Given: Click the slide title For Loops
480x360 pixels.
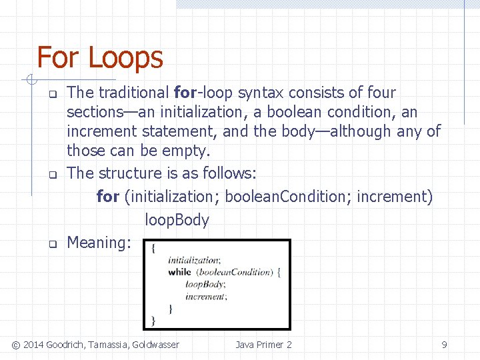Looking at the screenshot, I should (99, 57).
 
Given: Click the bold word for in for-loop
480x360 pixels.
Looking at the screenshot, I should (183, 93).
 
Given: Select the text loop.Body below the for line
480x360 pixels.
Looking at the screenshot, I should (177, 220).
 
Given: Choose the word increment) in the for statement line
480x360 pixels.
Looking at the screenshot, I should (395, 197).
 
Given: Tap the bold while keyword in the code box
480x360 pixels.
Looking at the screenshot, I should (179, 272).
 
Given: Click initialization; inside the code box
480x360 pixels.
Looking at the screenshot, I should (194, 260).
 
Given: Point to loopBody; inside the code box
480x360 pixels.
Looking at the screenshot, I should (205, 284).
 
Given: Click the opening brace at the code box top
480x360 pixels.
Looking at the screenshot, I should (155, 248).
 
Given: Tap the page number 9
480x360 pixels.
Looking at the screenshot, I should (444, 345).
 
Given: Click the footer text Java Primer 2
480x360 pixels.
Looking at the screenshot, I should (263, 345).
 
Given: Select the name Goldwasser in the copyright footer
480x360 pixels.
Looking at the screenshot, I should (155, 345).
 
